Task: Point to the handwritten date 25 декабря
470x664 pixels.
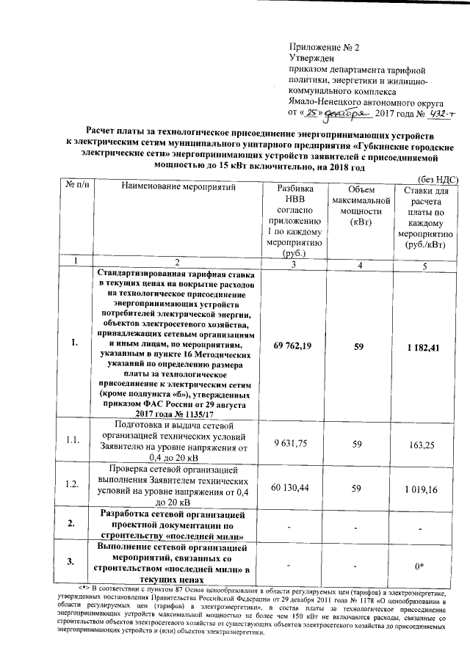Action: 333,114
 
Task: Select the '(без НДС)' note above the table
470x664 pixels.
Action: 438,178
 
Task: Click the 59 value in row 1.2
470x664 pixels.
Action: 358,487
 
